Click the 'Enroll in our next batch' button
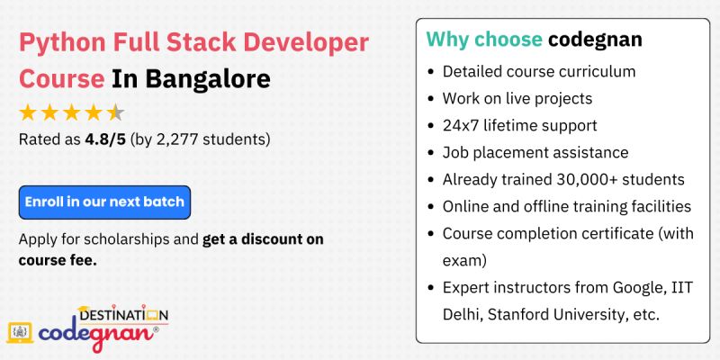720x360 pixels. point(104,202)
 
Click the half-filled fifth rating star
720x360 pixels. point(116,113)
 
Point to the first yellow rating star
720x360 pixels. point(28,113)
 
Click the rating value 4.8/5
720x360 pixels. point(106,140)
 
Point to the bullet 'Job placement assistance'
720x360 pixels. point(535,152)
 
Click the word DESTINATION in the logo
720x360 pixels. point(122,315)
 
